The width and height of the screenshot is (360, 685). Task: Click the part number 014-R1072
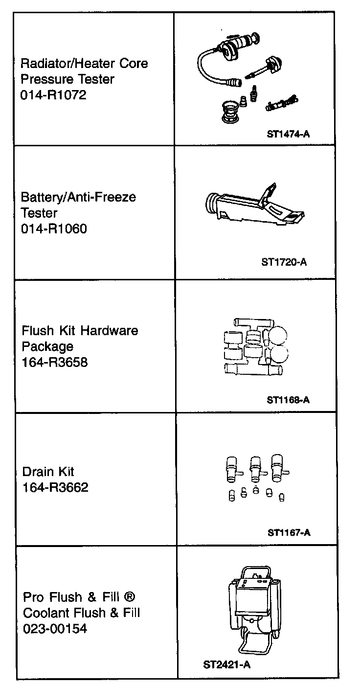pos(53,95)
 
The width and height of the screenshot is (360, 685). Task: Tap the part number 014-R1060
pos(54,228)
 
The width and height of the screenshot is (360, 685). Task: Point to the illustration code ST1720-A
pos(284,262)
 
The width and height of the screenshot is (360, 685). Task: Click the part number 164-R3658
pos(54,363)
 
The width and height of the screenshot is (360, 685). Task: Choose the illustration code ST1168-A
pos(289,400)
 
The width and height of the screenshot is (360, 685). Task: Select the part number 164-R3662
pos(55,487)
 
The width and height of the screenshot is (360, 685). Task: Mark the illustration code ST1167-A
pos(289,532)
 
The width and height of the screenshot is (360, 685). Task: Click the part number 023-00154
pos(55,628)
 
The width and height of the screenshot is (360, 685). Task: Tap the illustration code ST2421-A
pos(227,664)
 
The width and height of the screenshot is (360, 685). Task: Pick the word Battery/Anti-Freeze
pos(78,197)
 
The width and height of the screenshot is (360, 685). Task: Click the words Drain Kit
pos(48,472)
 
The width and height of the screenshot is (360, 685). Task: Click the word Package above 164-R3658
pos(47,347)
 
